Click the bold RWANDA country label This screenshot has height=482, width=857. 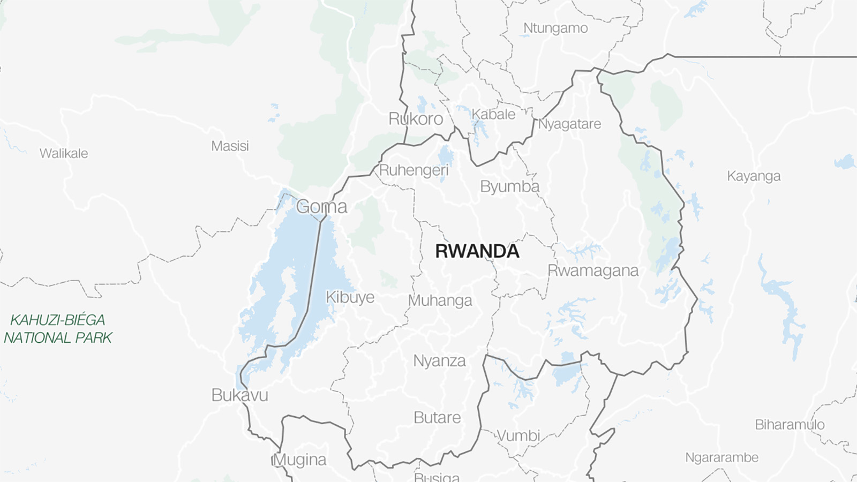[x=477, y=251]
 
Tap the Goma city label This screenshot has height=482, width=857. [x=321, y=207]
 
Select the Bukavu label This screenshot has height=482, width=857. [x=239, y=395]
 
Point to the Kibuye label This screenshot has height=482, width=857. [x=350, y=297]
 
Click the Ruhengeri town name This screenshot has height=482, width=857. [x=414, y=170]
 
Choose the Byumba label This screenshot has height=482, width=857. [x=509, y=186]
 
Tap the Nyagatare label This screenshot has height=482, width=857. [x=569, y=124]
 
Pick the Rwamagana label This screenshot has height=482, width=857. [x=593, y=270]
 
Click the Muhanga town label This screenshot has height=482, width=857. [x=440, y=300]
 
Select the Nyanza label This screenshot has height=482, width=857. [x=439, y=361]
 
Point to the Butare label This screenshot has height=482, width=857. [x=437, y=417]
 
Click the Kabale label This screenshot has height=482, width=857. [x=493, y=114]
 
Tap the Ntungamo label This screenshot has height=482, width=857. [x=555, y=28]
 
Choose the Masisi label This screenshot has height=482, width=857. [x=230, y=146]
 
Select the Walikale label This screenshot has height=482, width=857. [x=64, y=153]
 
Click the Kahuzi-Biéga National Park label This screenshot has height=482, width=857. [x=58, y=329]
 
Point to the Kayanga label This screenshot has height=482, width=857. [x=754, y=176]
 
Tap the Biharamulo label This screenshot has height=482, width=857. [x=790, y=425]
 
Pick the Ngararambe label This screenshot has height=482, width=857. [x=722, y=457]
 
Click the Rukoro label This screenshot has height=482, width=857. [x=416, y=119]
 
